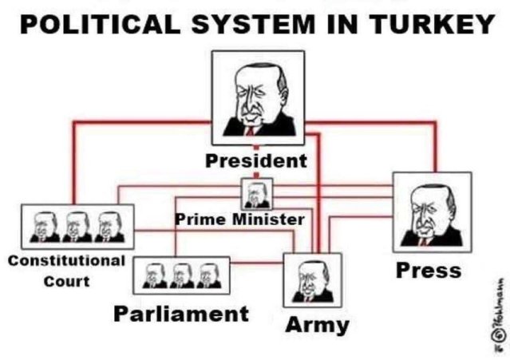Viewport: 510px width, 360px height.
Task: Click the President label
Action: (x=255, y=160)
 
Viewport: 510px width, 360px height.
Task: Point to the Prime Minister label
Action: (x=239, y=219)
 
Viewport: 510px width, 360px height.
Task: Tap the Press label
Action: (x=429, y=270)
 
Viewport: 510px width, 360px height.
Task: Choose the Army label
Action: (x=317, y=325)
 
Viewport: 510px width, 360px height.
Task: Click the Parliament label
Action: (x=181, y=313)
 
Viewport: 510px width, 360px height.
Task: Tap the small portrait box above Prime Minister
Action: (x=255, y=193)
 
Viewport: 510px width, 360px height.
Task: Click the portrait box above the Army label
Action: (x=313, y=280)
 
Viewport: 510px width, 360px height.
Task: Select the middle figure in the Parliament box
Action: (x=182, y=275)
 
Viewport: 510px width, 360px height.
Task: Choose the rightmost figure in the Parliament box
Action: (x=209, y=275)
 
